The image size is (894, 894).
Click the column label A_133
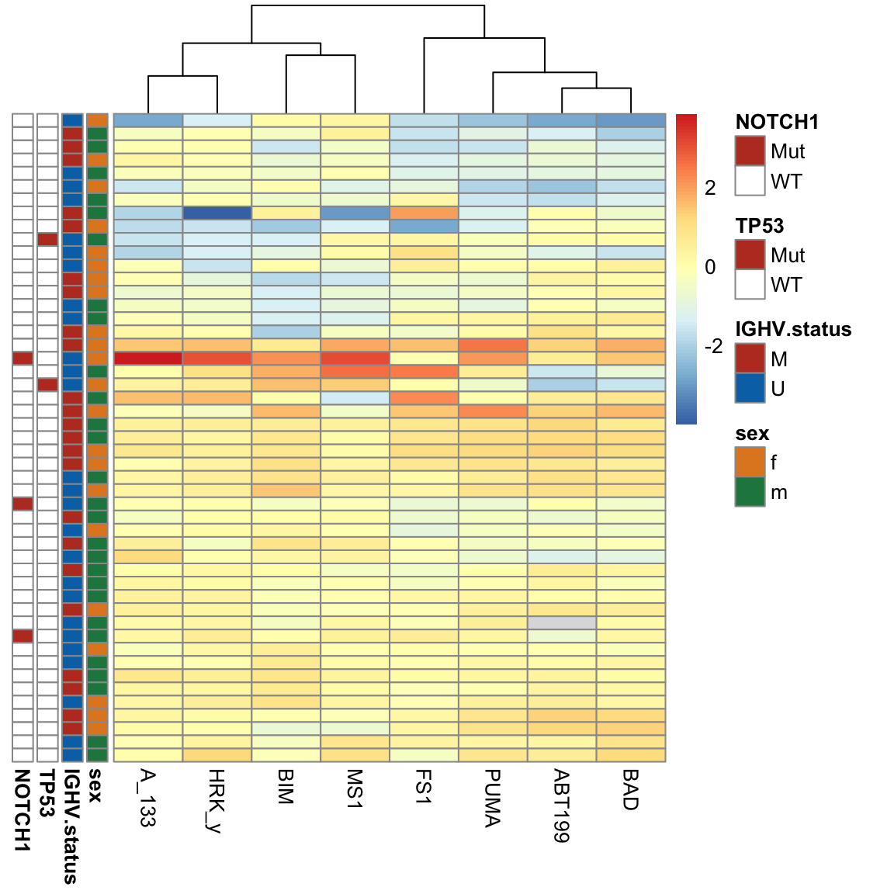(x=147, y=797)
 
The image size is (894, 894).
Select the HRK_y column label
(x=217, y=800)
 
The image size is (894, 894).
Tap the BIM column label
(x=286, y=786)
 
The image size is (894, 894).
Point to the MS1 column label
(x=355, y=788)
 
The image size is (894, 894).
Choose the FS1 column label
(x=423, y=786)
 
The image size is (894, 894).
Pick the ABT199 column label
(x=561, y=806)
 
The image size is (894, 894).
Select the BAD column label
(x=630, y=789)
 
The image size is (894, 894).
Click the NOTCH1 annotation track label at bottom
(x=23, y=810)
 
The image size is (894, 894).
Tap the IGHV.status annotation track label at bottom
(x=71, y=826)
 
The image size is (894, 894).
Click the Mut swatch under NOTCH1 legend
(x=750, y=151)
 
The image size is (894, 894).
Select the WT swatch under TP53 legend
(x=750, y=285)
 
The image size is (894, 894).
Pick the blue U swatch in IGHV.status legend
(x=750, y=388)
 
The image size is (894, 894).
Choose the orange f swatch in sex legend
(x=750, y=463)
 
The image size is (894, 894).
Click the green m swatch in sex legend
(x=750, y=492)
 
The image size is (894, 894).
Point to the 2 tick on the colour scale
(x=710, y=188)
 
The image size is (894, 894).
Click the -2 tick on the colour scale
(x=713, y=346)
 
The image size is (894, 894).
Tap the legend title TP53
(x=760, y=226)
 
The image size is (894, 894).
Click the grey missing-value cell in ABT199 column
(x=562, y=623)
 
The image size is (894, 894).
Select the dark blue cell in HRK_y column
(x=217, y=213)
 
